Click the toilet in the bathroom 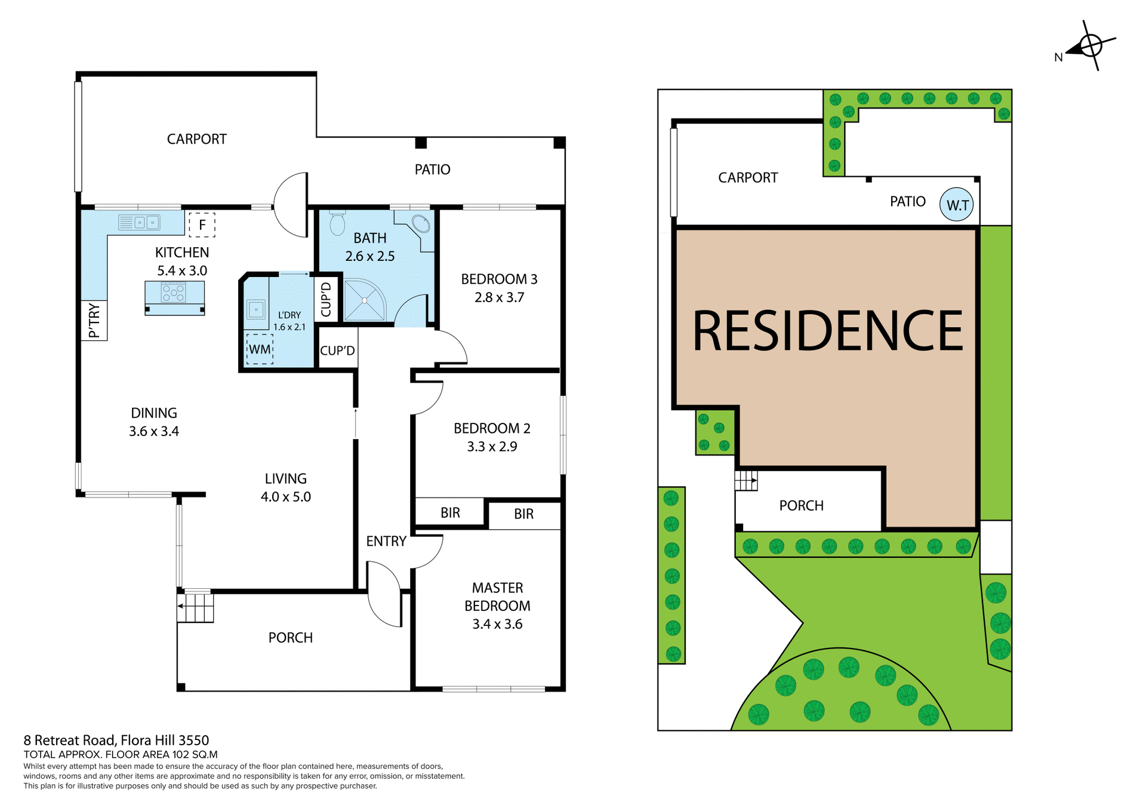(x=337, y=224)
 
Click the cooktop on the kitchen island (x=174, y=293)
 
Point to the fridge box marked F (x=202, y=225)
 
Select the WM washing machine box (x=260, y=349)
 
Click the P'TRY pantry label (x=94, y=321)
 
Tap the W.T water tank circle (x=956, y=205)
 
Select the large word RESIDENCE (x=827, y=331)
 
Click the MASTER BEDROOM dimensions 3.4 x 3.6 (x=497, y=624)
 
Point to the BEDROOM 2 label (x=492, y=428)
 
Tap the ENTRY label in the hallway (x=386, y=541)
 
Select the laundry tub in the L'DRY (x=256, y=310)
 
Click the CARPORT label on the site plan (x=748, y=178)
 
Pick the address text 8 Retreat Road (x=116, y=741)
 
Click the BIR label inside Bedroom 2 (x=450, y=512)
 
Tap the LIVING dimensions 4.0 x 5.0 (x=285, y=497)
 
